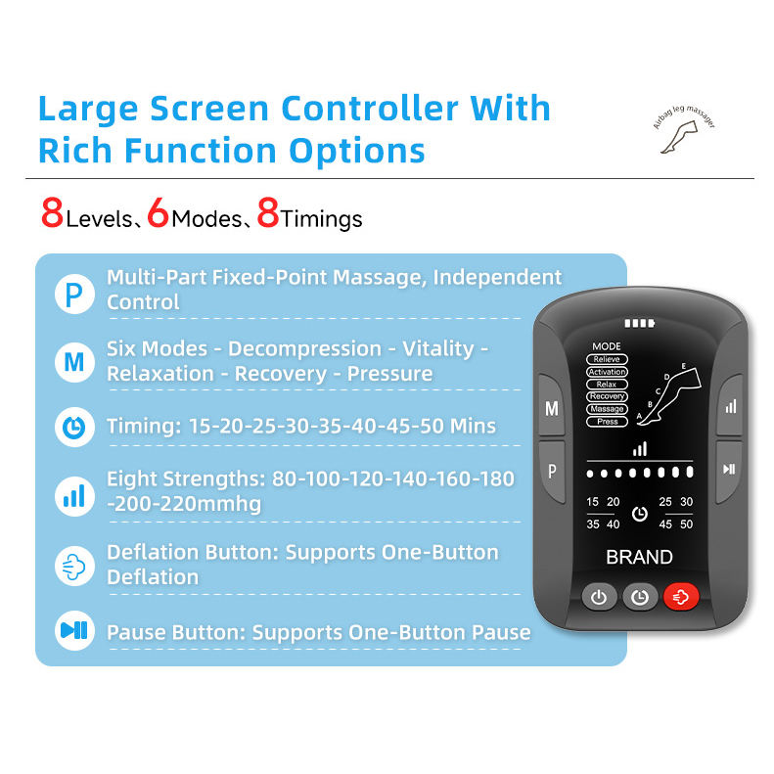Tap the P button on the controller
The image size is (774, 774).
(552, 471)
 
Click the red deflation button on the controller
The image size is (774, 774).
(681, 596)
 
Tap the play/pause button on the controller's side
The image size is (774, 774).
(729, 468)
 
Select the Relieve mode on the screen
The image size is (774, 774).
(607, 359)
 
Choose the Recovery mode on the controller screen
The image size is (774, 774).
(607, 396)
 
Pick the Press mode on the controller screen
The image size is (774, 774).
(607, 421)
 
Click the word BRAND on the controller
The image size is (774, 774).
(639, 557)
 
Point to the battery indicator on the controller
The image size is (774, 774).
(638, 324)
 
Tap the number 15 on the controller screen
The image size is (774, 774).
(593, 502)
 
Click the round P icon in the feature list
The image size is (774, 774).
(72, 290)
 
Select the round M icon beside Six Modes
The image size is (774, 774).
(72, 361)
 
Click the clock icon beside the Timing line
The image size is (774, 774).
(72, 427)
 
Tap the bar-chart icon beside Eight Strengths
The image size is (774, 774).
(72, 495)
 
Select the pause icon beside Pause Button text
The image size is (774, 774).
(72, 631)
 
